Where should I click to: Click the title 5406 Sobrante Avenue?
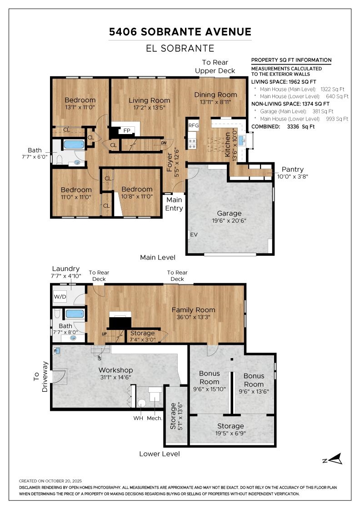180,32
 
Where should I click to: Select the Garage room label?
229,213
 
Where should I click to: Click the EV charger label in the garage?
194,235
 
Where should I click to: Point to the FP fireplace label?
127,130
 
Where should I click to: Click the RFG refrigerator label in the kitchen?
194,125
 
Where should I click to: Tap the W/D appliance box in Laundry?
60,296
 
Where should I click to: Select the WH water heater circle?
141,403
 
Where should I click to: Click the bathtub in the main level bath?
74,145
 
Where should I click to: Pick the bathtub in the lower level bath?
75,314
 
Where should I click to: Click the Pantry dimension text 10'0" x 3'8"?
292,177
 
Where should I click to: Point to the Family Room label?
194,309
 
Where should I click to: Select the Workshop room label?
115,370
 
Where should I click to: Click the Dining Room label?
215,95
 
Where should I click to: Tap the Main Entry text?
174,204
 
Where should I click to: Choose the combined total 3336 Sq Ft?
300,127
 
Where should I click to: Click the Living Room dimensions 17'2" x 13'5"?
150,107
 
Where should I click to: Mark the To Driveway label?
40,377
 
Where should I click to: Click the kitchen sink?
241,140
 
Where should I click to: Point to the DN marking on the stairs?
164,143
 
